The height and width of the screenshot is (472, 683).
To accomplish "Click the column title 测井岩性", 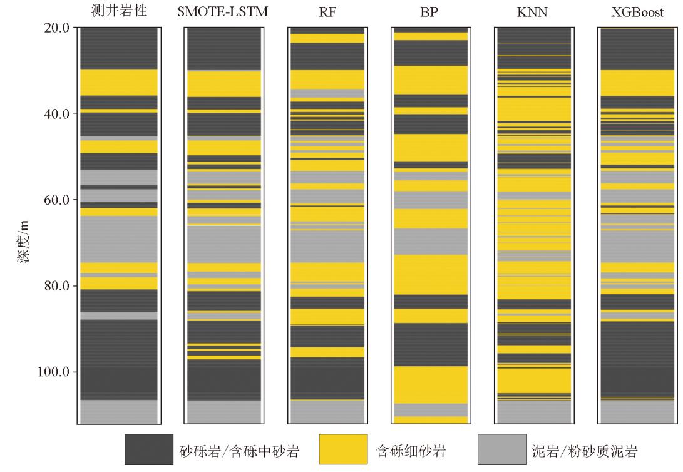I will (x=118, y=11).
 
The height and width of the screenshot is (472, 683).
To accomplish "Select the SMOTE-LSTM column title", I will (x=222, y=11).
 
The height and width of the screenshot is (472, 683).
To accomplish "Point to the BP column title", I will (x=429, y=11).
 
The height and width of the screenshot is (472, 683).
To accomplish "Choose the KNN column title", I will (x=533, y=11).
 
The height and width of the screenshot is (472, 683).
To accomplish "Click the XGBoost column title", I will (x=638, y=11).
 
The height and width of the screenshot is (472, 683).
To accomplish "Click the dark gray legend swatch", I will (x=149, y=451).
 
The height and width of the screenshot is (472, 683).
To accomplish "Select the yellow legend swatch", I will (x=344, y=451).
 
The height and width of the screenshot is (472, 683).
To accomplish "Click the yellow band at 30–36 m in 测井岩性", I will (x=118, y=82).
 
